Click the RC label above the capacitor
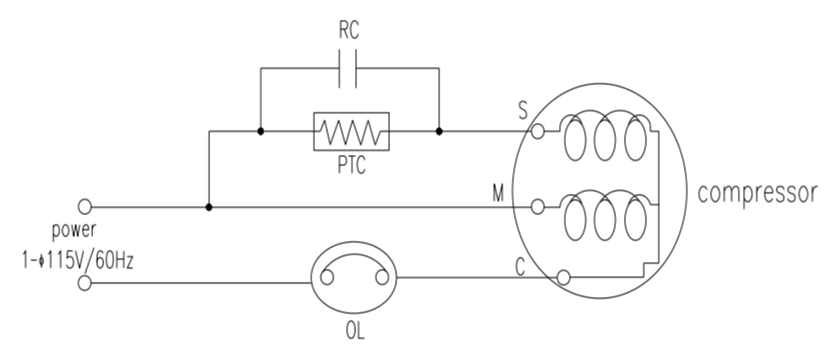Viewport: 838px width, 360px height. (x=349, y=30)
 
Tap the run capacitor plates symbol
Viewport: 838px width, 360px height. (x=348, y=69)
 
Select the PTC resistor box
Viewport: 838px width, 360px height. (x=351, y=131)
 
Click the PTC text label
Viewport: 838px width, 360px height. (x=352, y=165)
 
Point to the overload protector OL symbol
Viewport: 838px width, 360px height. (x=354, y=278)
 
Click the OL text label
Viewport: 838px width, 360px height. (x=355, y=331)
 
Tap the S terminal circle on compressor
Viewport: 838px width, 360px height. (x=538, y=131)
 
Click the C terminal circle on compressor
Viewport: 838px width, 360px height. (x=563, y=277)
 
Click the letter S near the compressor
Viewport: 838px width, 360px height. (x=523, y=110)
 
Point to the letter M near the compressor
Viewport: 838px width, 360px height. (x=498, y=193)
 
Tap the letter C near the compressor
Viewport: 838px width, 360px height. (x=520, y=267)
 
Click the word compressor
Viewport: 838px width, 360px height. (x=757, y=193)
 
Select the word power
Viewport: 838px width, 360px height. (x=74, y=230)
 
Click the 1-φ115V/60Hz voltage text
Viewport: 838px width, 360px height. (x=78, y=261)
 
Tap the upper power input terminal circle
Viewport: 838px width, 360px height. (x=85, y=206)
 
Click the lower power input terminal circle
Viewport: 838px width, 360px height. (x=85, y=283)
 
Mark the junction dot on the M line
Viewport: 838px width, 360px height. (x=209, y=207)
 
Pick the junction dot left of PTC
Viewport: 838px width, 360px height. (x=261, y=131)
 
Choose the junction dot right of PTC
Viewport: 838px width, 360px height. (x=439, y=131)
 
